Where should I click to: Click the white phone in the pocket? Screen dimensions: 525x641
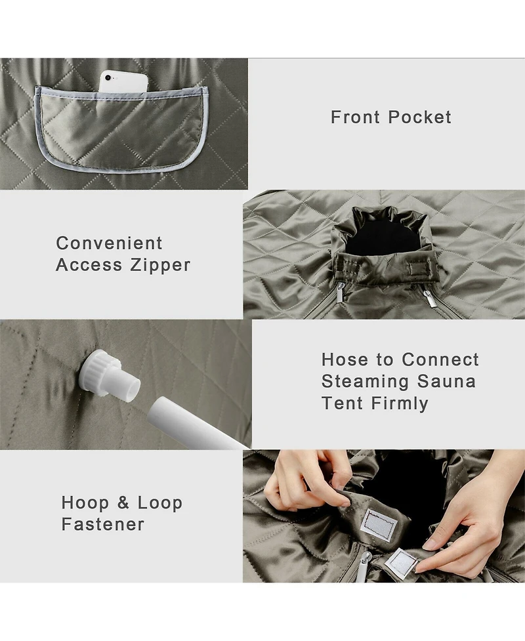123,82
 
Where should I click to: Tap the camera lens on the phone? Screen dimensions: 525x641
108,77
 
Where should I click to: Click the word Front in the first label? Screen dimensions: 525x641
355,117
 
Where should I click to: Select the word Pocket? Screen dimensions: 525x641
419,117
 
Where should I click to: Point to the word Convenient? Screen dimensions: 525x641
109,243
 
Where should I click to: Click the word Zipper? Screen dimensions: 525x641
160,265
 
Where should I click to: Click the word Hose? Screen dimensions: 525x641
345,360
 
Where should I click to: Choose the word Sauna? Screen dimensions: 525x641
446,382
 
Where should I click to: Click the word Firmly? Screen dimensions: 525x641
400,404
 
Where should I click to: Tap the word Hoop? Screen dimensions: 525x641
85,503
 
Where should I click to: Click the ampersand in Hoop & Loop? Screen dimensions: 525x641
123,503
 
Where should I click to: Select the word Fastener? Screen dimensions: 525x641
102,524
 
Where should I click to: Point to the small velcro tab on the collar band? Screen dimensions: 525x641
421,270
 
